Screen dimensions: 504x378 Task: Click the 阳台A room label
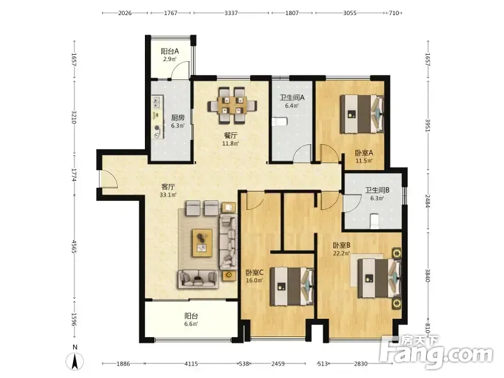[169, 51]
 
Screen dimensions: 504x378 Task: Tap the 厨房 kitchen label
[178, 118]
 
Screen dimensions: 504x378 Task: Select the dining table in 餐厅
[232, 105]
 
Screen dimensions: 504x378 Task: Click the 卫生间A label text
[292, 98]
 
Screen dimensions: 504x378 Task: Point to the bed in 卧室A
[362, 114]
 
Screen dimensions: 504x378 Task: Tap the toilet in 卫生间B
[374, 221]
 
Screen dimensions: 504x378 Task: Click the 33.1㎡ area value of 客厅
[168, 195]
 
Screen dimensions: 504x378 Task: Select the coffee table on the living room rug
[202, 243]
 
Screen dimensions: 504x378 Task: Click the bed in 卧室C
[292, 286]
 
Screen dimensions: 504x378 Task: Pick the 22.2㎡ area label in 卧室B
[341, 253]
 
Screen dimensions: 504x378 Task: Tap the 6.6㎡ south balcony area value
[191, 324]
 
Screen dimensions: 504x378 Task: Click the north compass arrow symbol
[74, 361]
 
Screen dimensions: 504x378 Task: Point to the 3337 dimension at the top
[231, 13]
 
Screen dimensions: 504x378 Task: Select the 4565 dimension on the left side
[74, 246]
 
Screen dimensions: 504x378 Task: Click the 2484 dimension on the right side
[428, 201]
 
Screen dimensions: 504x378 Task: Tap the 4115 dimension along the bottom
[191, 364]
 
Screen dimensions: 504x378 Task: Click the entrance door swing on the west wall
[108, 178]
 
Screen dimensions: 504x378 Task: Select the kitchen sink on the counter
[156, 102]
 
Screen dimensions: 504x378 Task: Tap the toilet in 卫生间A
[279, 122]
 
